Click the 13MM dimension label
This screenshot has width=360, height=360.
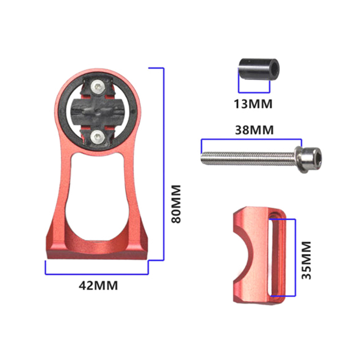(x=253, y=104)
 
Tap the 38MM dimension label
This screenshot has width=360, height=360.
(x=254, y=130)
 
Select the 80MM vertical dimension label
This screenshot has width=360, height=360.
(x=176, y=204)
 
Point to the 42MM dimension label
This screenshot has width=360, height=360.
(x=98, y=285)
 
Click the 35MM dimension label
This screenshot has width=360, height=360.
(x=306, y=260)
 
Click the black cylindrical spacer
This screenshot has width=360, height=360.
(x=259, y=69)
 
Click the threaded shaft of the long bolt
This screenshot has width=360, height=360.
(x=248, y=158)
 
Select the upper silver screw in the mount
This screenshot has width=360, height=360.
(x=98, y=87)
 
